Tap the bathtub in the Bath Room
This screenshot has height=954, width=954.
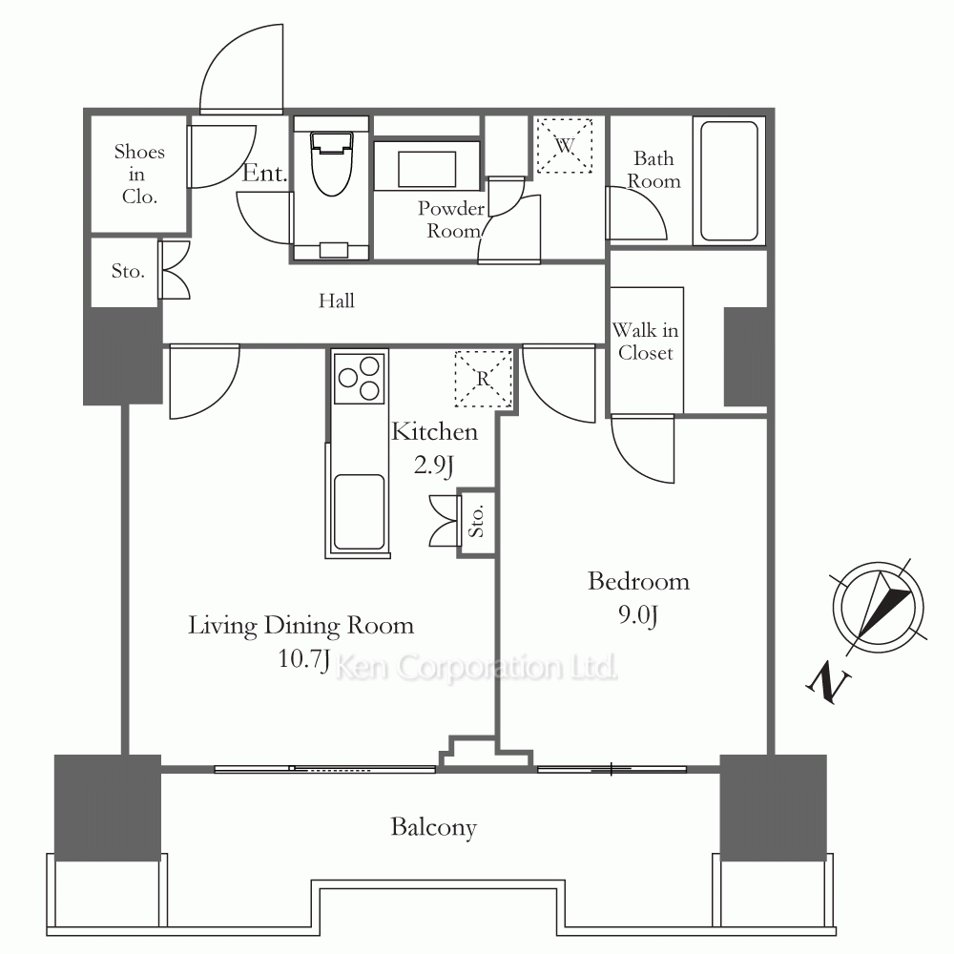[x=729, y=180]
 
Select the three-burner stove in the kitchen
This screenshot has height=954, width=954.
[x=360, y=377]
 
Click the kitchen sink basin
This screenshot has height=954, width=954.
[x=359, y=511]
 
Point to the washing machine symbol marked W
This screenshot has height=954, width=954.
[x=564, y=146]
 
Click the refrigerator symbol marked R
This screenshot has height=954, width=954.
[x=483, y=379]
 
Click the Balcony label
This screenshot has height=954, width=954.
[x=433, y=827]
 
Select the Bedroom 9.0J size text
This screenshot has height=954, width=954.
[x=637, y=615]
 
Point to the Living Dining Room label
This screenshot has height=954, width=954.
[x=301, y=626]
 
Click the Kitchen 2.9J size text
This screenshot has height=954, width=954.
[x=433, y=466]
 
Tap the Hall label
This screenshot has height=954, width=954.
[x=337, y=301]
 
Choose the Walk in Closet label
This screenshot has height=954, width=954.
[x=645, y=342]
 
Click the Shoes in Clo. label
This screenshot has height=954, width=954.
[x=139, y=174]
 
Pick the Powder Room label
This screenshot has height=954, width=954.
[x=451, y=219]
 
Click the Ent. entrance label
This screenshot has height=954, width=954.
[x=264, y=174]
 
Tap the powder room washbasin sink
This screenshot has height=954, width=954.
[x=427, y=169]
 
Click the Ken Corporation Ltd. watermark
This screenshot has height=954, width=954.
[x=476, y=668]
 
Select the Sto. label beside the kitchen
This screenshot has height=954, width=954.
[x=477, y=522]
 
